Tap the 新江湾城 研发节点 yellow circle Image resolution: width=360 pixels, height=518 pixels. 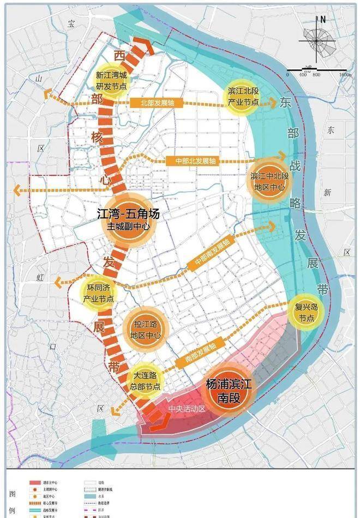[111, 80]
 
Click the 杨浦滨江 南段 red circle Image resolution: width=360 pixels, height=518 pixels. [229, 391]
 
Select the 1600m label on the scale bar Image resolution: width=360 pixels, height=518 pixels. [344, 74]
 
